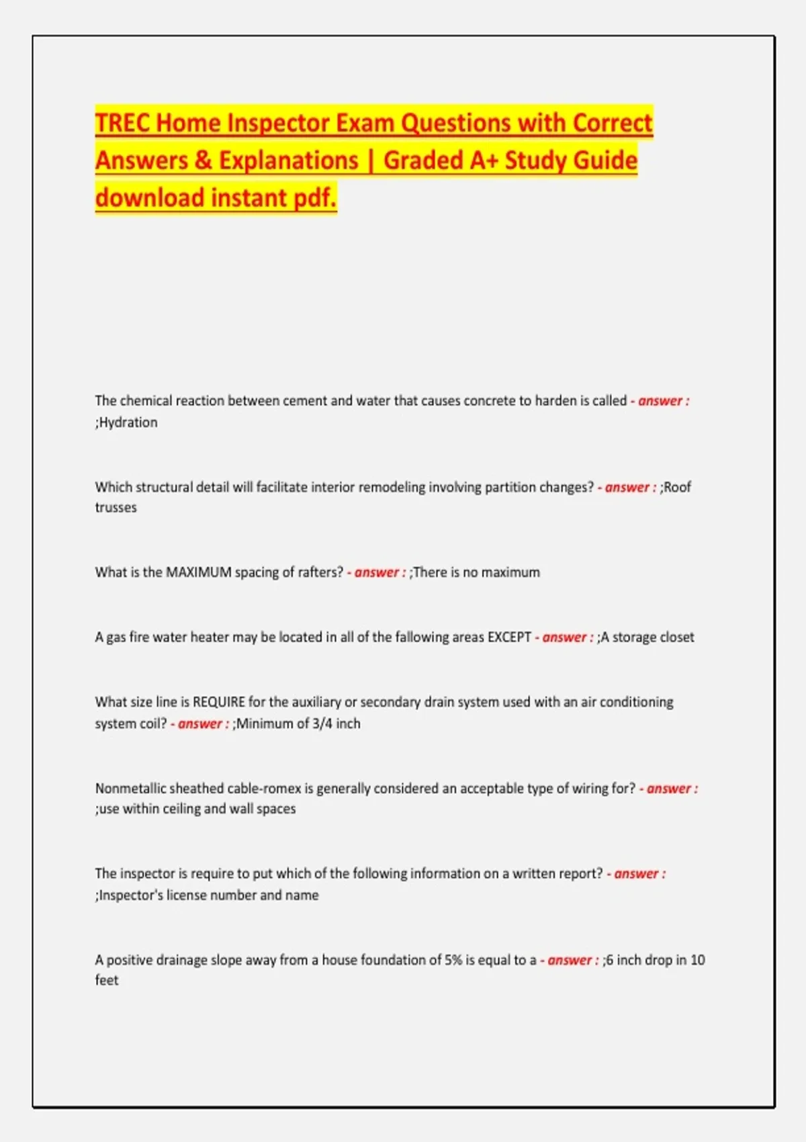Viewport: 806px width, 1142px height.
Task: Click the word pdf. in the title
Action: pos(315,198)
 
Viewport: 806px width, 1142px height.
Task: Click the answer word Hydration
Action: pos(128,423)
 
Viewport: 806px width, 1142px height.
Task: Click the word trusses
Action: pos(116,508)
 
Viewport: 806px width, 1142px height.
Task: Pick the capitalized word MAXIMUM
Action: pos(198,572)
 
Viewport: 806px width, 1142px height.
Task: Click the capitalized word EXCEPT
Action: pos(509,637)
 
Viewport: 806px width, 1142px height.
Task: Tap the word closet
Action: pos(676,637)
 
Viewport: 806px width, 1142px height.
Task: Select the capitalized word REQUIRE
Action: pos(219,702)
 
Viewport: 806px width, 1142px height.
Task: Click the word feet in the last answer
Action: pos(106,981)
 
